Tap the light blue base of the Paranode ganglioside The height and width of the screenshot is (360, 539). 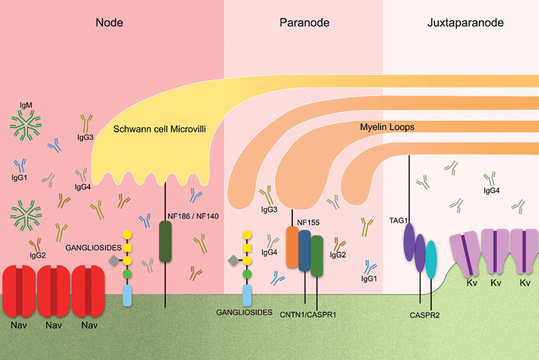pyautogui.click(x=247, y=295)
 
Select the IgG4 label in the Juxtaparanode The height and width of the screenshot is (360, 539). pyautogui.click(x=491, y=191)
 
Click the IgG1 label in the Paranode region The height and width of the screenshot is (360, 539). pyautogui.click(x=369, y=278)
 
